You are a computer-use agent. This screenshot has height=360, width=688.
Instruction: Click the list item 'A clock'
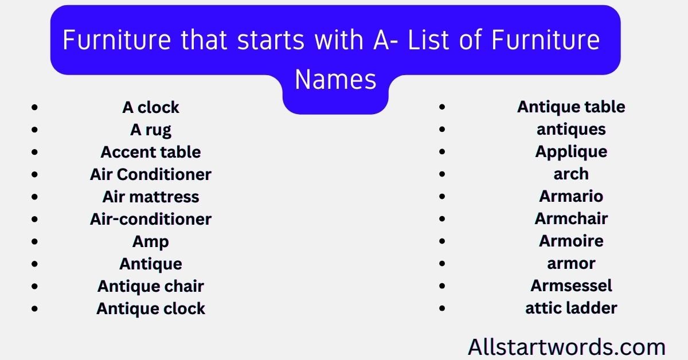151,107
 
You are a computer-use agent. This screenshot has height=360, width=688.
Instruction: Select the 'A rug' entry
151,130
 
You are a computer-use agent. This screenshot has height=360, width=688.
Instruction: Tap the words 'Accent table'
151,152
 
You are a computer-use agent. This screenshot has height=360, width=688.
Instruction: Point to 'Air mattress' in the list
151,197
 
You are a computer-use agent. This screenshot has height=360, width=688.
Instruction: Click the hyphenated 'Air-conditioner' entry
151,219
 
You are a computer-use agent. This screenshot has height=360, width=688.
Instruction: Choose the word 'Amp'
151,241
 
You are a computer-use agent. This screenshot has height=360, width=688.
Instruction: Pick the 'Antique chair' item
151,286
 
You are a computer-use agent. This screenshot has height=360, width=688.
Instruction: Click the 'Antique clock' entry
151,308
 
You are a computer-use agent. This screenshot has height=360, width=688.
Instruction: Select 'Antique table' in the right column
571,107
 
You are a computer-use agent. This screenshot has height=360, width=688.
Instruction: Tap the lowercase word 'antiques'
571,130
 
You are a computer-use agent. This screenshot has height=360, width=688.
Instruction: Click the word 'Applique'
571,152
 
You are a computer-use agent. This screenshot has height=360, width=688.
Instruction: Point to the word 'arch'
571,174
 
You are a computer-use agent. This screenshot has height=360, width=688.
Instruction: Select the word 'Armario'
571,196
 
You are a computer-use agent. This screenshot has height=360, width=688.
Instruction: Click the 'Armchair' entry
571,218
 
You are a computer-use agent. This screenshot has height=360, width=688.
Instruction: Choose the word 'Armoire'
571,241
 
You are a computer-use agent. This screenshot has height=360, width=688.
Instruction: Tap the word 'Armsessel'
571,285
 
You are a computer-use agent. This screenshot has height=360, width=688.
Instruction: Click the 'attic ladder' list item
571,308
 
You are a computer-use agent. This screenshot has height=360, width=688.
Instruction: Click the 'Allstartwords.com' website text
566,347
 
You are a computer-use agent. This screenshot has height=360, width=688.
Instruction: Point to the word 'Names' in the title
335,80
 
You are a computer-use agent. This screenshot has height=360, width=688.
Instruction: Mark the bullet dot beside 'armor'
442,264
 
